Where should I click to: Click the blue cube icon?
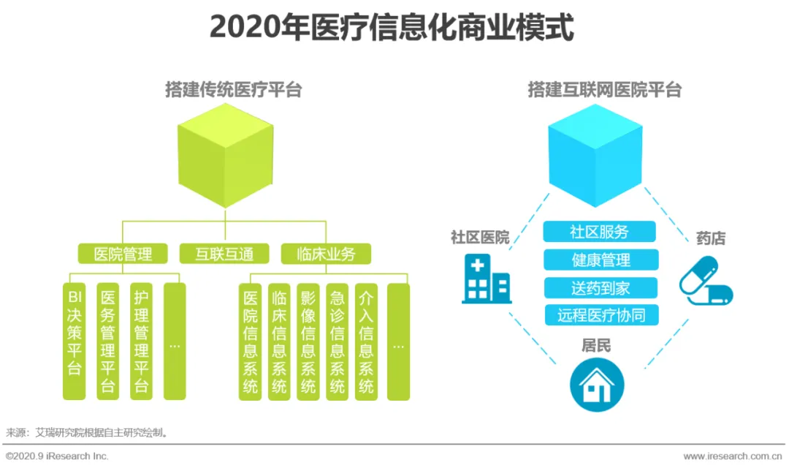(x=595, y=154)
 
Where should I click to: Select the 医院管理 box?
(x=123, y=254)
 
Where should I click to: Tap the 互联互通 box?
(x=224, y=254)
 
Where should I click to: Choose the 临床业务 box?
(x=326, y=254)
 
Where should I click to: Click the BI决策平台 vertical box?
(x=74, y=341)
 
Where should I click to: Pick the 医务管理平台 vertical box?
(x=108, y=341)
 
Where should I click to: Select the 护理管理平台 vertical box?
(x=142, y=341)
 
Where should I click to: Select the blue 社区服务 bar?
(x=599, y=232)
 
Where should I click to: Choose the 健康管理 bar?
(x=601, y=260)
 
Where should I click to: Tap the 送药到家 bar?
(x=601, y=287)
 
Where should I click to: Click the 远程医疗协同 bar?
(x=601, y=315)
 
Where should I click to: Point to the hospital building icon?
(x=485, y=279)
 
